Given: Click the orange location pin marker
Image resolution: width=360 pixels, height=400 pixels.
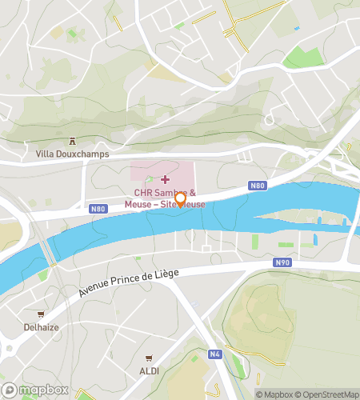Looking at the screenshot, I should point(180,199).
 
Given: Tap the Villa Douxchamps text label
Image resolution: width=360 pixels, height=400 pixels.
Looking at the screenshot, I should point(72,154).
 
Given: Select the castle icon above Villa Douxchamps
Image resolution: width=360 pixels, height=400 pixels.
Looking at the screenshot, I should point(71,141).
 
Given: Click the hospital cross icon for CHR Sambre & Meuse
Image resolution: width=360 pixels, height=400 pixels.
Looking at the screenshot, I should point(166,179).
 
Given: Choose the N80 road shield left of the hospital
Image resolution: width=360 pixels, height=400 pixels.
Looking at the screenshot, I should point(98,210).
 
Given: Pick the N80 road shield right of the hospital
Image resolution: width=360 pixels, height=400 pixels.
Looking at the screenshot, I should point(257,186).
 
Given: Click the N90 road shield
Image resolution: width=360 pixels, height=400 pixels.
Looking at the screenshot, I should point(282,262).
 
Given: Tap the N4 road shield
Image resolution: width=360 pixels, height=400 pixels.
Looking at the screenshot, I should point(214,354).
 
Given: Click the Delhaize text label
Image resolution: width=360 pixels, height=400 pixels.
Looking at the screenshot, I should point(41,327).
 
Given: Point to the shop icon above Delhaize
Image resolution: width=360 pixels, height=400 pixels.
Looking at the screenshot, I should point(41,314).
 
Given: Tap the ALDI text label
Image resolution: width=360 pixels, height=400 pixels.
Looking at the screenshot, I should point(148,371).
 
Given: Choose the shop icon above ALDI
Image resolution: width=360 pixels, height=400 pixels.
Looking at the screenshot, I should point(148,358).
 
